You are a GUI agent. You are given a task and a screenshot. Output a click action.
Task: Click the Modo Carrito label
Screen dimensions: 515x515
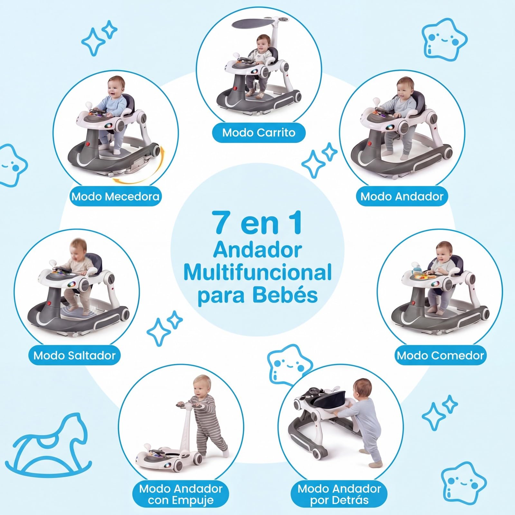click(x=258, y=132)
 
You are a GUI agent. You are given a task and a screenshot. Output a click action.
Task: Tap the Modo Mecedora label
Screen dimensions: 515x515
click(x=115, y=196)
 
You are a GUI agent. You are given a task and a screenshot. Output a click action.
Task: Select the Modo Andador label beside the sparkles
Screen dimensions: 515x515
click(x=402, y=196)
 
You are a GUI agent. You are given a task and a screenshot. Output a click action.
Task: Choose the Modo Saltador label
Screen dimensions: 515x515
click(x=74, y=355)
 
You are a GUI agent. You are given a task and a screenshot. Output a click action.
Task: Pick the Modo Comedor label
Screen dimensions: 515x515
click(x=440, y=355)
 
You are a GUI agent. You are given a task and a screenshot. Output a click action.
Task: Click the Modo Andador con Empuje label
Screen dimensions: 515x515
click(x=181, y=494)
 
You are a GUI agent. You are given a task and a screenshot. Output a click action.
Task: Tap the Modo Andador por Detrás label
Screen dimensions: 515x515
click(x=339, y=494)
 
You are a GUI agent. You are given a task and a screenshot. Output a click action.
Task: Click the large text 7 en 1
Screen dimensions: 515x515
click(x=258, y=223)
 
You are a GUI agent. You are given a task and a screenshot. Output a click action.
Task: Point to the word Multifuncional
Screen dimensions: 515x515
click(x=257, y=272)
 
